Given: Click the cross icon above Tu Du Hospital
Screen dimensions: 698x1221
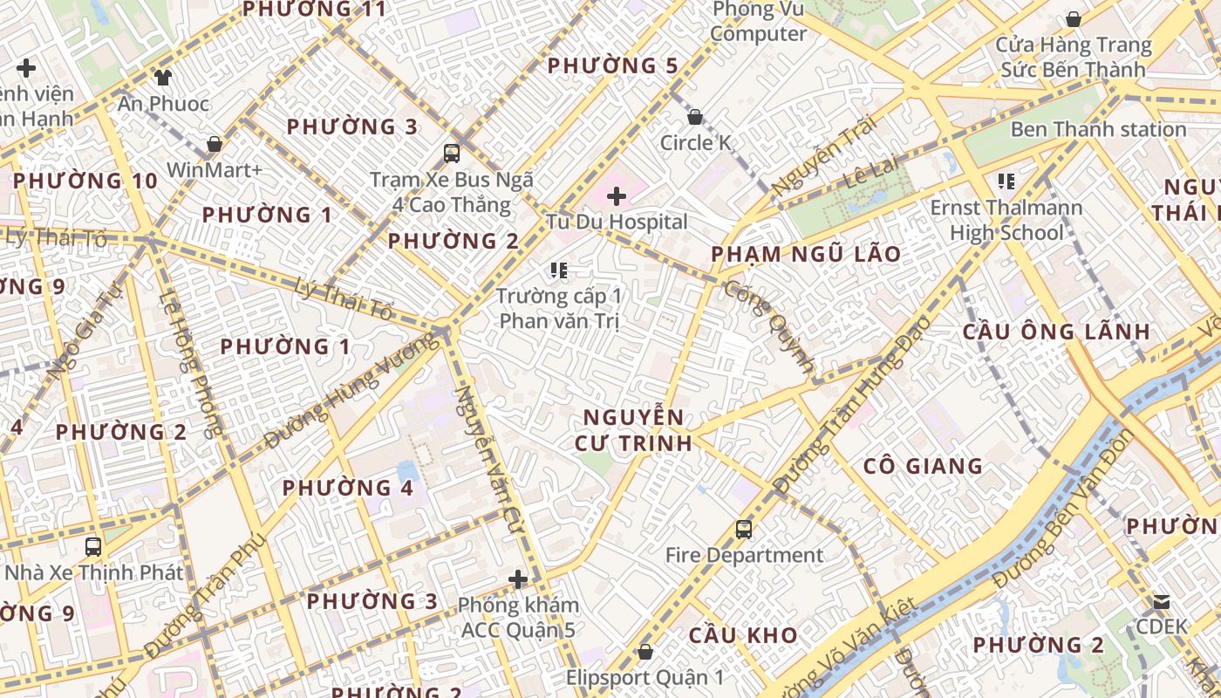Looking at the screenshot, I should pyautogui.click(x=617, y=195).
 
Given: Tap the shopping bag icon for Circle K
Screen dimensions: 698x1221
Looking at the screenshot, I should pyautogui.click(x=695, y=116).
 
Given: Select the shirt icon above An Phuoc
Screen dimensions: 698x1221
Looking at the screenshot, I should pyautogui.click(x=163, y=77).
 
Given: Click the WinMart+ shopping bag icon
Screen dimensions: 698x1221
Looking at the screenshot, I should pyautogui.click(x=215, y=144).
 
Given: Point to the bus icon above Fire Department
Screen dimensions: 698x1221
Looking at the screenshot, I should pyautogui.click(x=744, y=529).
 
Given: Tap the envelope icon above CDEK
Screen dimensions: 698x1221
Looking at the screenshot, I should pyautogui.click(x=1162, y=601).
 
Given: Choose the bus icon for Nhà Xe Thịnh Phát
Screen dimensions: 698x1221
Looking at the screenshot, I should pyautogui.click(x=93, y=547).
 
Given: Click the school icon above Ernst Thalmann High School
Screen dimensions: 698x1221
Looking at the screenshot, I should pyautogui.click(x=1006, y=181).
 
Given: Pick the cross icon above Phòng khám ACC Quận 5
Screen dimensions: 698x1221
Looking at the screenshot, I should pyautogui.click(x=519, y=578).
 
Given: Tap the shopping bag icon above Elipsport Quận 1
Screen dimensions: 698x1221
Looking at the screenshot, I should pyautogui.click(x=645, y=652).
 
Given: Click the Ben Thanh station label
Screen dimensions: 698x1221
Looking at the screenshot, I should pyautogui.click(x=1098, y=129).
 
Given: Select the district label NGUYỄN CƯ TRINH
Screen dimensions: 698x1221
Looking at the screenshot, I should pyautogui.click(x=633, y=429).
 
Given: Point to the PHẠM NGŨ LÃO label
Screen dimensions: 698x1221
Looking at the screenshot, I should pyautogui.click(x=806, y=254).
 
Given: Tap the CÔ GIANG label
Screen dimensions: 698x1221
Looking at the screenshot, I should pyautogui.click(x=923, y=466).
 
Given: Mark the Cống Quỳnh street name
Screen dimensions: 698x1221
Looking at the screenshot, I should pyautogui.click(x=770, y=327).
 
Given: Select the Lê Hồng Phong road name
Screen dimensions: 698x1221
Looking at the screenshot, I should pyautogui.click(x=193, y=363).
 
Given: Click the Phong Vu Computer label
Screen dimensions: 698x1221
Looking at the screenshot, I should pyautogui.click(x=758, y=22).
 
